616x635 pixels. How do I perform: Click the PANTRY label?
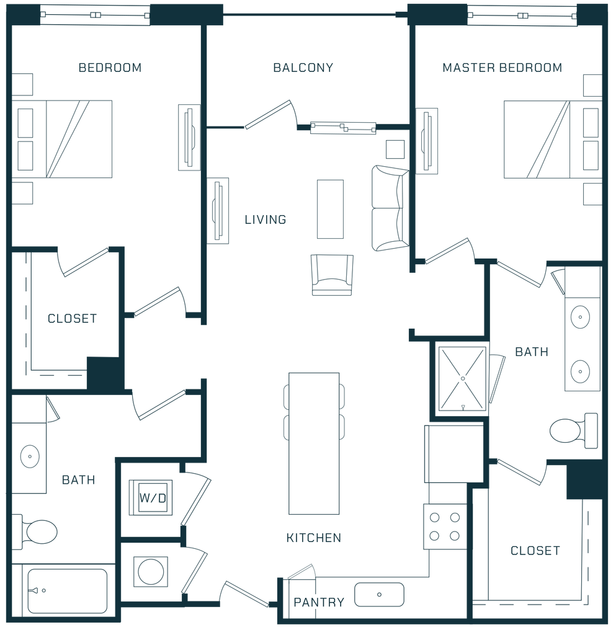(319, 602)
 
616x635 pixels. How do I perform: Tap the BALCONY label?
(303, 68)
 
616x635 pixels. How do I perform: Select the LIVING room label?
(265, 219)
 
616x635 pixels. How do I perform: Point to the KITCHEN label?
(314, 538)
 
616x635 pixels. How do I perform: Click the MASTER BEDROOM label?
(502, 68)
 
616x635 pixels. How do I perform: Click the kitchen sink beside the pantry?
(379, 594)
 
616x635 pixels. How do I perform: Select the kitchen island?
(314, 443)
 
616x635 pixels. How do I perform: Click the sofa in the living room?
(388, 208)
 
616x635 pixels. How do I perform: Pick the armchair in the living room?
(332, 275)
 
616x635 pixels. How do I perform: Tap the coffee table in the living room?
(329, 209)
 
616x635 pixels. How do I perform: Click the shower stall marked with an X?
(460, 377)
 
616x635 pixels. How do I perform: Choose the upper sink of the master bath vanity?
(580, 317)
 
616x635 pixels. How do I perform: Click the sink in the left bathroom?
(30, 456)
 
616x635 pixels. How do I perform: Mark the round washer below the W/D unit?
(151, 571)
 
